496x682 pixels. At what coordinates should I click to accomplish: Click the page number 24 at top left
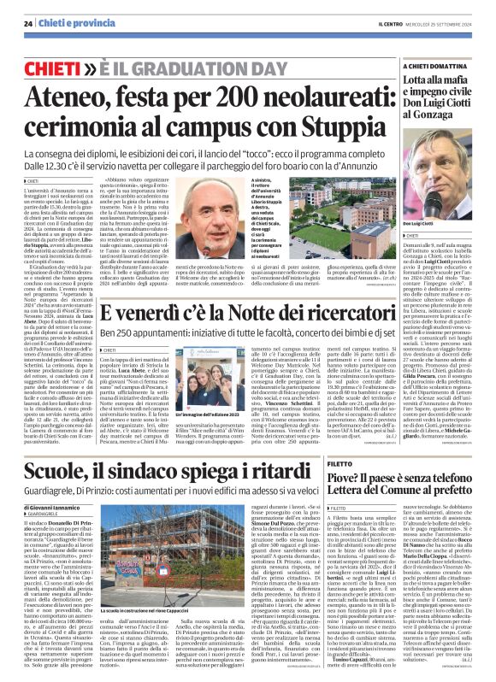point(27,23)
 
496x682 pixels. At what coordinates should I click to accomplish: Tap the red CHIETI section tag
point(53,67)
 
